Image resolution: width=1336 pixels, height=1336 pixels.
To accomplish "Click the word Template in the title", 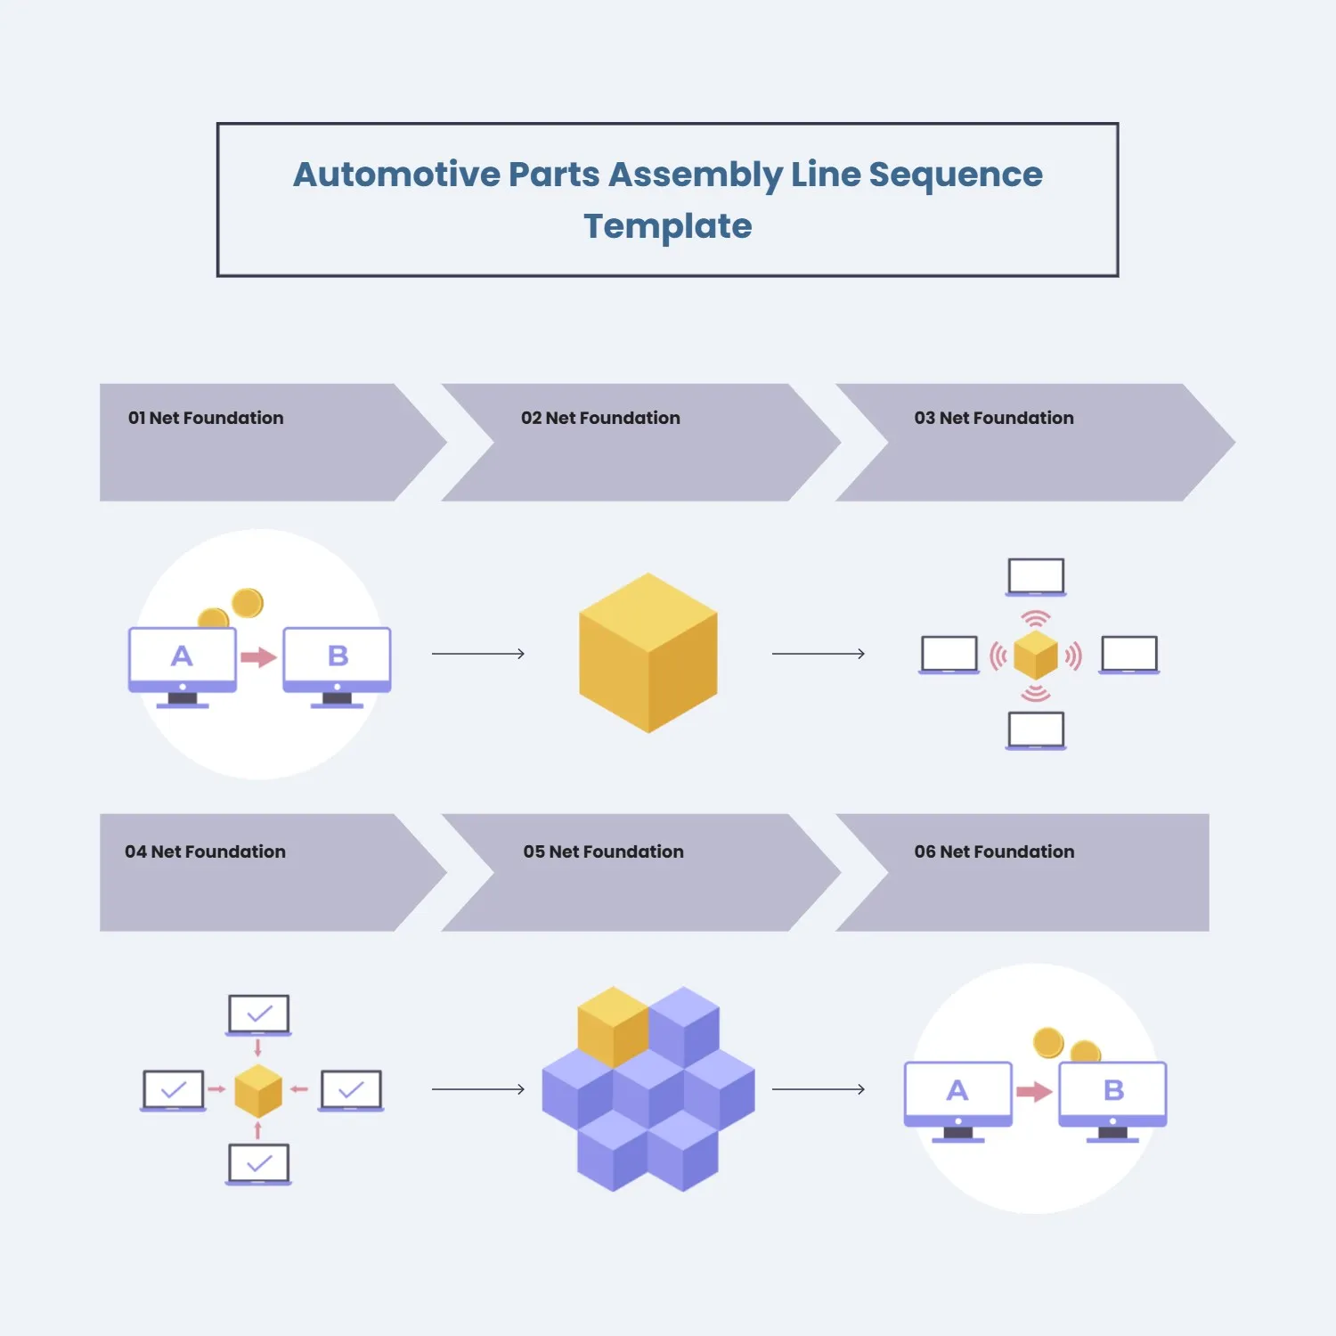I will click(x=667, y=226).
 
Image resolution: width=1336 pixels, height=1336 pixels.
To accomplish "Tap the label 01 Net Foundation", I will click(x=206, y=418).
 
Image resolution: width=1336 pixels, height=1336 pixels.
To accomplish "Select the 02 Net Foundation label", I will click(x=600, y=418).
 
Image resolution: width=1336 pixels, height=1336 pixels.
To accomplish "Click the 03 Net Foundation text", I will click(x=994, y=418).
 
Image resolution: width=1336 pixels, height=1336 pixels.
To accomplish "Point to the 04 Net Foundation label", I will click(x=205, y=851).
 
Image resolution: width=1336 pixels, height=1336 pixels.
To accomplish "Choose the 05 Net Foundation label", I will click(x=603, y=851).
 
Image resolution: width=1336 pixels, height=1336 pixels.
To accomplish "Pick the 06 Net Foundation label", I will click(x=994, y=851).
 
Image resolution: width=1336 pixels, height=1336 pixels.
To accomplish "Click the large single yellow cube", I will click(x=648, y=653).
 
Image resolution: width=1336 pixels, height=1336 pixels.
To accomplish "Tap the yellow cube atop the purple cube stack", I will click(x=613, y=1025).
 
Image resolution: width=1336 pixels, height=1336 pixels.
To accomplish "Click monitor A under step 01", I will click(x=183, y=660).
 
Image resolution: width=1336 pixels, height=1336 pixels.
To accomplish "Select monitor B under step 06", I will click(x=1112, y=1095).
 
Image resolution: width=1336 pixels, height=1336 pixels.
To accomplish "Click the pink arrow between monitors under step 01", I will click(x=258, y=657).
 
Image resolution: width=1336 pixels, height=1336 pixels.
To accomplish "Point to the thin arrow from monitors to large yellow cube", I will click(x=478, y=654).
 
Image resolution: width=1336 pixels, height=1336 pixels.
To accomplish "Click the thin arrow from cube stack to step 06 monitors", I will click(x=818, y=1088).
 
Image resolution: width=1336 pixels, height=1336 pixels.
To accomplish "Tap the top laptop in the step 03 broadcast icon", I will click(x=1036, y=576).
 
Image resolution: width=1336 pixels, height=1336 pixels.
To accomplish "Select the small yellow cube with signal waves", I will click(x=1036, y=655).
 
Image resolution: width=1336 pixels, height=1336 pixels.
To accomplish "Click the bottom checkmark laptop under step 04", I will click(x=258, y=1163).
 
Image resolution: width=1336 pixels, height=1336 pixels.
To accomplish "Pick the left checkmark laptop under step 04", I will click(x=174, y=1089).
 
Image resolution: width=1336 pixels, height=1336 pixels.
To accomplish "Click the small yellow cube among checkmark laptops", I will click(x=258, y=1090).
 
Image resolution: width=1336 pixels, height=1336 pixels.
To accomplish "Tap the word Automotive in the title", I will click(x=397, y=175).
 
